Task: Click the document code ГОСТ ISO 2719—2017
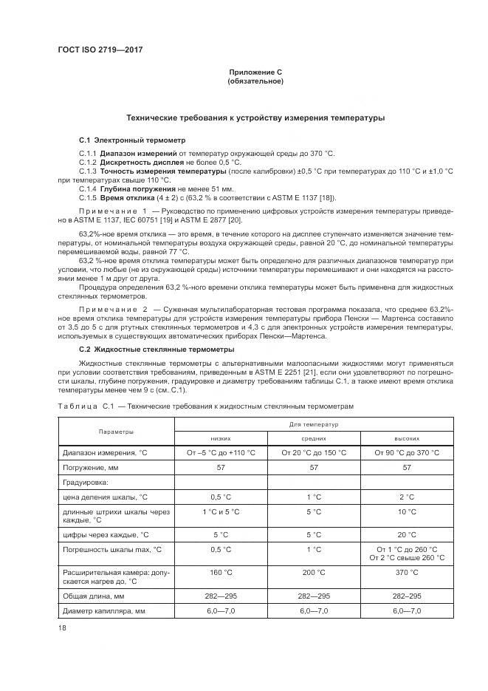[100, 50]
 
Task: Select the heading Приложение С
[255, 72]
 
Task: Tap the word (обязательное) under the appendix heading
[255, 81]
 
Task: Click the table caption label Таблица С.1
[84, 406]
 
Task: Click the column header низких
[221, 438]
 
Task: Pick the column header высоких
[406, 438]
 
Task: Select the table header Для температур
[314, 424]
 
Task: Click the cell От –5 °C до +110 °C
[221, 452]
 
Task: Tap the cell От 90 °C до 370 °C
[406, 452]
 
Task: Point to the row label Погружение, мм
[92, 467]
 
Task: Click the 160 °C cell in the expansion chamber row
[221, 573]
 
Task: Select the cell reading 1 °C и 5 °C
[221, 511]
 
